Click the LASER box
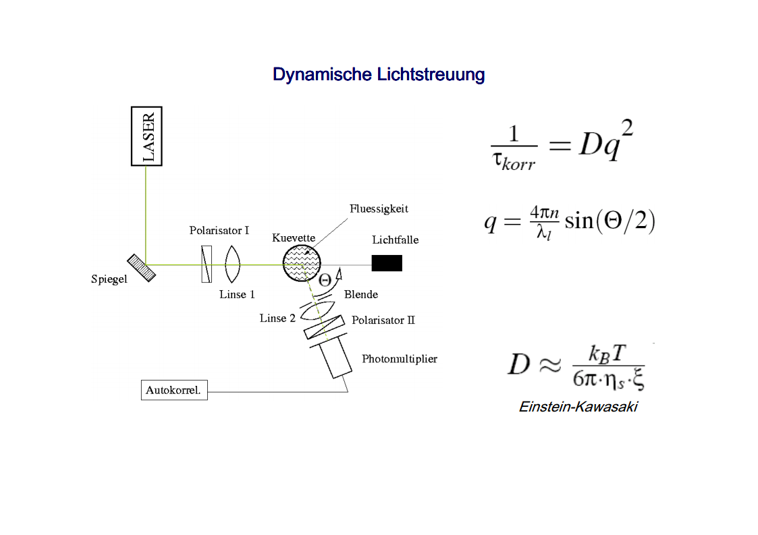click(146, 136)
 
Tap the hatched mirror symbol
click(141, 267)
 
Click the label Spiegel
click(109, 279)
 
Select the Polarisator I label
click(219, 231)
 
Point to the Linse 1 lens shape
click(232, 264)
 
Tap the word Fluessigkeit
click(379, 209)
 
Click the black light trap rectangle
click(387, 263)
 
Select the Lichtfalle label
click(395, 240)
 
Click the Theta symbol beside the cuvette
click(325, 280)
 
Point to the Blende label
click(360, 294)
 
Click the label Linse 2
click(277, 318)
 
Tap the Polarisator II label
click(383, 320)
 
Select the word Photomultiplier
click(399, 359)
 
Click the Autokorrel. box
click(174, 390)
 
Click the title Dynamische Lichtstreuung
click(379, 74)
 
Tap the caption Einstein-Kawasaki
click(578, 407)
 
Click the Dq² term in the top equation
click(605, 144)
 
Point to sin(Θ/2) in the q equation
click(610, 221)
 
